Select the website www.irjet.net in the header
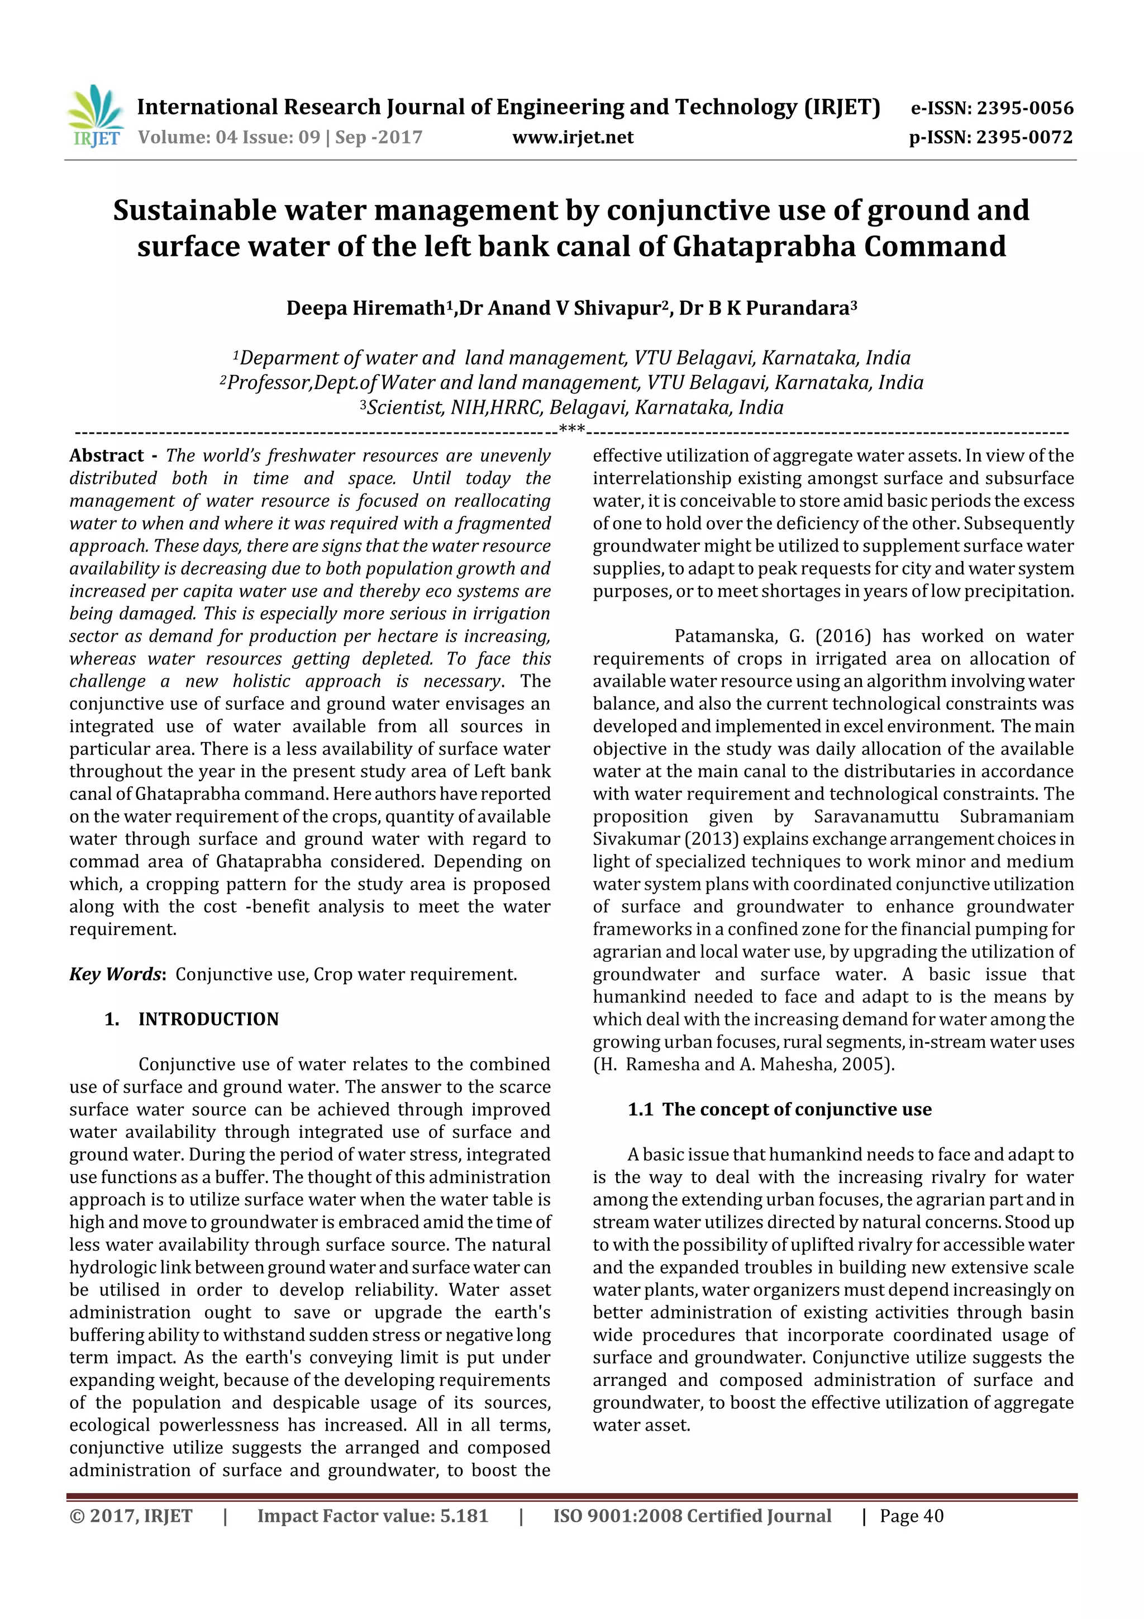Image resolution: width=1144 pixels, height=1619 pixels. coord(573,137)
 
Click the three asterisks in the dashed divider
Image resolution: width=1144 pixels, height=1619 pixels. coord(571,429)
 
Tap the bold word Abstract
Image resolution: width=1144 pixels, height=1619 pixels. coord(107,455)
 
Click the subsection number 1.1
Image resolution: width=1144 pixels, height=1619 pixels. coord(640,1109)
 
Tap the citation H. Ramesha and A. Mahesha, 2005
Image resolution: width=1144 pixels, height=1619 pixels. coord(743,1064)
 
